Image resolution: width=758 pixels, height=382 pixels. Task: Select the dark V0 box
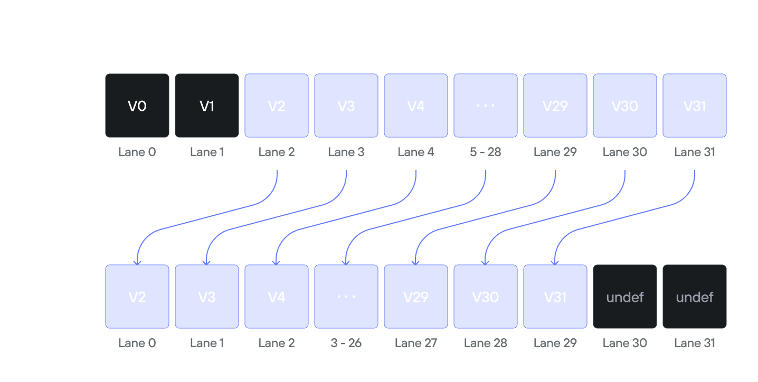click(x=137, y=106)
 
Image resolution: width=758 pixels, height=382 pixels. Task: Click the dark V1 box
click(x=207, y=106)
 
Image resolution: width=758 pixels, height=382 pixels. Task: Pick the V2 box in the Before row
click(x=277, y=106)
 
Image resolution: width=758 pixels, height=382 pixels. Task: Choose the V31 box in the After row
click(x=555, y=297)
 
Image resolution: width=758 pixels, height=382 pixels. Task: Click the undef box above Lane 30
click(x=625, y=297)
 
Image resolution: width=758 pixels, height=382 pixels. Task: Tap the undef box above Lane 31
click(x=695, y=297)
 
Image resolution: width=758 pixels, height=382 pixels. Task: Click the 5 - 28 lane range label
click(x=486, y=152)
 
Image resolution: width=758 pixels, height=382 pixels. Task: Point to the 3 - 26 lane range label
click(x=346, y=343)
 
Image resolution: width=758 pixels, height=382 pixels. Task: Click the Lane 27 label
click(x=416, y=343)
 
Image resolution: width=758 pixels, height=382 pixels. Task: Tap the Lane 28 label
click(x=486, y=343)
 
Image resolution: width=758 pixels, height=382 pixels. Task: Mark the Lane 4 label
click(x=416, y=152)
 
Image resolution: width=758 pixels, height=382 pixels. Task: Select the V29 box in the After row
click(x=416, y=297)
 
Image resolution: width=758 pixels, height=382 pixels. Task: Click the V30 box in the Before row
click(x=625, y=106)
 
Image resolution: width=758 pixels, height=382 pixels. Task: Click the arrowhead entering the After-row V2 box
click(x=137, y=261)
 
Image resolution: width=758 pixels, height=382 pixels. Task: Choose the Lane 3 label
click(x=346, y=152)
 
